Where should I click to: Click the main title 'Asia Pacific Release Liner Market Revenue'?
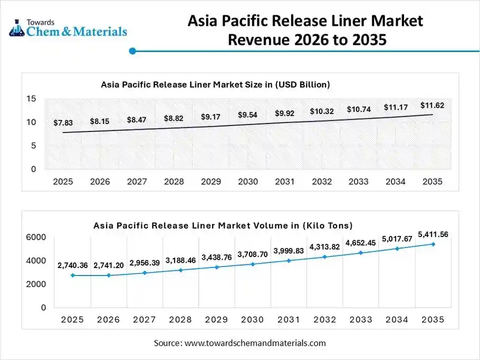(305, 30)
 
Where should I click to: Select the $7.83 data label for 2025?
(63, 122)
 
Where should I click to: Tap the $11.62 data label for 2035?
(432, 106)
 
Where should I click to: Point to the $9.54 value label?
(247, 115)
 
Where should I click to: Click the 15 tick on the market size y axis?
(31, 99)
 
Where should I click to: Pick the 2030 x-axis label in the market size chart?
(247, 182)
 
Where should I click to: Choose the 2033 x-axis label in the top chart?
(358, 182)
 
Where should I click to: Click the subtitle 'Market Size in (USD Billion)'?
(215, 84)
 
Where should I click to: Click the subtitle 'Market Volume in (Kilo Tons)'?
(223, 225)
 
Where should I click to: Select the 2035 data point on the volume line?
(433, 244)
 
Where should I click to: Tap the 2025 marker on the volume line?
(72, 275)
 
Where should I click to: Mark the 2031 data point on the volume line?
(289, 260)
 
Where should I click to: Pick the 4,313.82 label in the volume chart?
(324, 247)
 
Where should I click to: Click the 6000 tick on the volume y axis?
(36, 238)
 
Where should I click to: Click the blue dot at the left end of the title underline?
(133, 51)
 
